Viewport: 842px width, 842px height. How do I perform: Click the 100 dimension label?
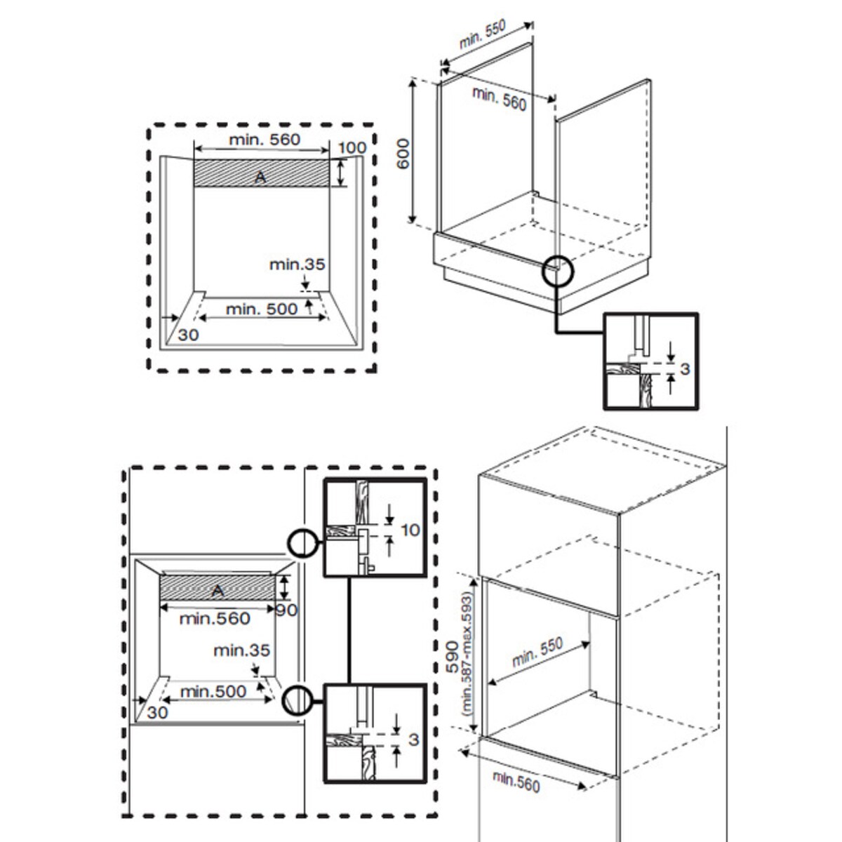click(352, 147)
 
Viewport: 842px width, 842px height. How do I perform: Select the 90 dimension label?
click(286, 610)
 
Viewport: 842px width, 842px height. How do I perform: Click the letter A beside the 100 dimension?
click(260, 178)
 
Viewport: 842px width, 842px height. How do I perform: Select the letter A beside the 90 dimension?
click(218, 592)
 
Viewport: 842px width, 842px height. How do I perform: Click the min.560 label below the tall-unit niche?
click(516, 780)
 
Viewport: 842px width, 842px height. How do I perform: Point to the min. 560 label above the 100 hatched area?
click(264, 140)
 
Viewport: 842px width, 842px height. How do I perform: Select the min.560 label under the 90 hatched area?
click(215, 618)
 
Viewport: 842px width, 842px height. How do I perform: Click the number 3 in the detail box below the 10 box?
click(413, 739)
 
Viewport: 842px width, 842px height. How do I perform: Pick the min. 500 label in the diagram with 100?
click(262, 309)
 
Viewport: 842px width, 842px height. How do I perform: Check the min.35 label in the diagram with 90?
click(242, 650)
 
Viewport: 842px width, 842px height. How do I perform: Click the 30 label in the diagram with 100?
click(188, 335)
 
